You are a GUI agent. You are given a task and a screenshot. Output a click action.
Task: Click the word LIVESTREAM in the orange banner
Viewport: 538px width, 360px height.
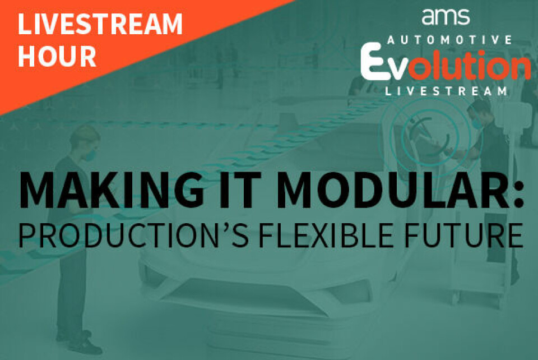(100, 24)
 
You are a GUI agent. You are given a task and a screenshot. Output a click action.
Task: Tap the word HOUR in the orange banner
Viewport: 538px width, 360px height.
(57, 56)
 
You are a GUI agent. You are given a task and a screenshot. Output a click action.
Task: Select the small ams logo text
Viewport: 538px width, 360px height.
(446, 17)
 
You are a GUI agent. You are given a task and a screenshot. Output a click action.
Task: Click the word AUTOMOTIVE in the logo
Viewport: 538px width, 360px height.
(449, 40)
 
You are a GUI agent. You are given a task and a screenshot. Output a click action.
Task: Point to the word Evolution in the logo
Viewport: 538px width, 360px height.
(446, 64)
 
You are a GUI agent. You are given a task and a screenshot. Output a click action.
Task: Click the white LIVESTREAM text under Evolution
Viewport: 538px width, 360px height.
(446, 91)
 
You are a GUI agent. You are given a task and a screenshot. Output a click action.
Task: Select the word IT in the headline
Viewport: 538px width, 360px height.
(240, 190)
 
